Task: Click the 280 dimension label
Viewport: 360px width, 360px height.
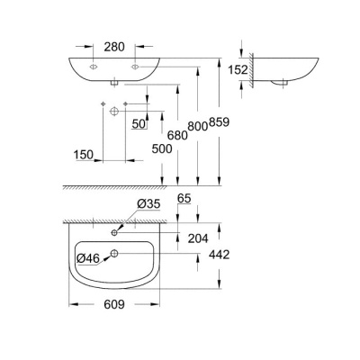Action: pyautogui.click(x=115, y=46)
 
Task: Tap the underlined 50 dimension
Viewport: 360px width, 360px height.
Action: pyautogui.click(x=139, y=124)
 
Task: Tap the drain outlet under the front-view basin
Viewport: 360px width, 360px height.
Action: pyautogui.click(x=115, y=84)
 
